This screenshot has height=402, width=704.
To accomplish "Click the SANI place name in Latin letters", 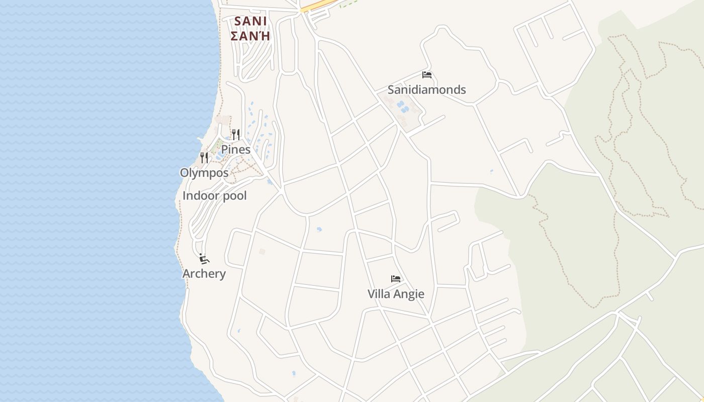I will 250,22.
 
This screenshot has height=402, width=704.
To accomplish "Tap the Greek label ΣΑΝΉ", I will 250,36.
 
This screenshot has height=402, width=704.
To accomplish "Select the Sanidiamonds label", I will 426,89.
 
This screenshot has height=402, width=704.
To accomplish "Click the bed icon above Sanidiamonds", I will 427,75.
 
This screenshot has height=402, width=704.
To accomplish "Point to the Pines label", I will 236,149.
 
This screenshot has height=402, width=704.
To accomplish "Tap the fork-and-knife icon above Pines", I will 235,134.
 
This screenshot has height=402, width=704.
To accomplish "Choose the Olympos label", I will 204,173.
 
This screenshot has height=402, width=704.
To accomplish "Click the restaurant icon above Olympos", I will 204,158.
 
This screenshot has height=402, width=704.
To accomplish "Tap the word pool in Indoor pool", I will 234,196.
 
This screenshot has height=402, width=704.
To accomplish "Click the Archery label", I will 204,274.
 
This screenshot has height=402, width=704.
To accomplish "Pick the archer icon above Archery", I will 204,259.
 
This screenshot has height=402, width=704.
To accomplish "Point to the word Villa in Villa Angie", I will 379,294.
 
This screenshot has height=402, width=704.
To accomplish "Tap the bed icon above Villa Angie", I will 396,279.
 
